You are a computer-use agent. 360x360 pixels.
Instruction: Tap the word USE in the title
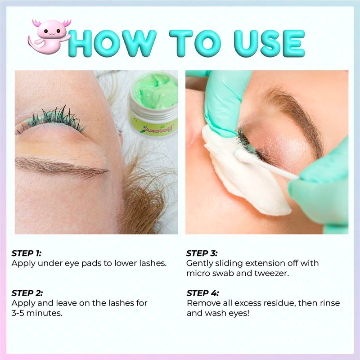coord(270,43)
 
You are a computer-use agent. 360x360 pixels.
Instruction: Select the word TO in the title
coord(195,43)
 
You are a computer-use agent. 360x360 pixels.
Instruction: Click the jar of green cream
coord(153,103)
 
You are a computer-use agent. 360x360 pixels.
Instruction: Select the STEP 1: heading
coord(27,253)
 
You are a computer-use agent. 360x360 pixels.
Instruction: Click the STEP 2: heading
coord(27,293)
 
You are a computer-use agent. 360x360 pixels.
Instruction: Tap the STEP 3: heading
coord(202,253)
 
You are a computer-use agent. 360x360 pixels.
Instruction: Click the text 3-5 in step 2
coord(18,313)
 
